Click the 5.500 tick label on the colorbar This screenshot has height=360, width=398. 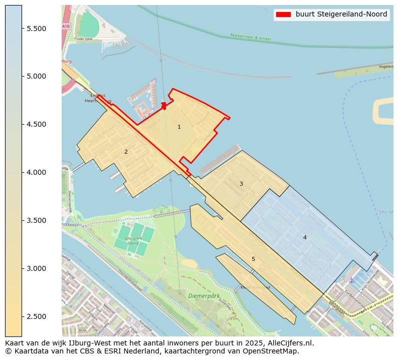[x=37, y=29]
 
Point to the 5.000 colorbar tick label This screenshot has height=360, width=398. [x=37, y=77]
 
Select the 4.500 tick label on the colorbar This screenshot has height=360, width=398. [x=37, y=125]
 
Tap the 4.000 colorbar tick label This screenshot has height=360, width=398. [x=37, y=173]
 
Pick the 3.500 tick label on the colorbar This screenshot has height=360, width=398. [x=37, y=221]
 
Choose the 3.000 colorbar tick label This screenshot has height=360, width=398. [x=37, y=269]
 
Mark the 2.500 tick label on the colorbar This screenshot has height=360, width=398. [x=37, y=317]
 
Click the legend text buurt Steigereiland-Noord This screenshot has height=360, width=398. [x=341, y=15]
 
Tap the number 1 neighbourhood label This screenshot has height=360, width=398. [x=179, y=127]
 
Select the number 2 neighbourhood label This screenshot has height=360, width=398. [x=126, y=152]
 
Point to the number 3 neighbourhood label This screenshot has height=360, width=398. [x=241, y=184]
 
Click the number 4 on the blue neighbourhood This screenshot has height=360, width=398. [x=305, y=237]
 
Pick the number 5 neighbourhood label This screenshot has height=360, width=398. [x=253, y=259]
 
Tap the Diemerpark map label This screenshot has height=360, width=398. [x=204, y=296]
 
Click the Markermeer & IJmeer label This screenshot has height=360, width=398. [x=251, y=37]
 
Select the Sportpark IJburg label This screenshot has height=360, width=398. [x=133, y=241]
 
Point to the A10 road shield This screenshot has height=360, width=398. [x=66, y=26]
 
